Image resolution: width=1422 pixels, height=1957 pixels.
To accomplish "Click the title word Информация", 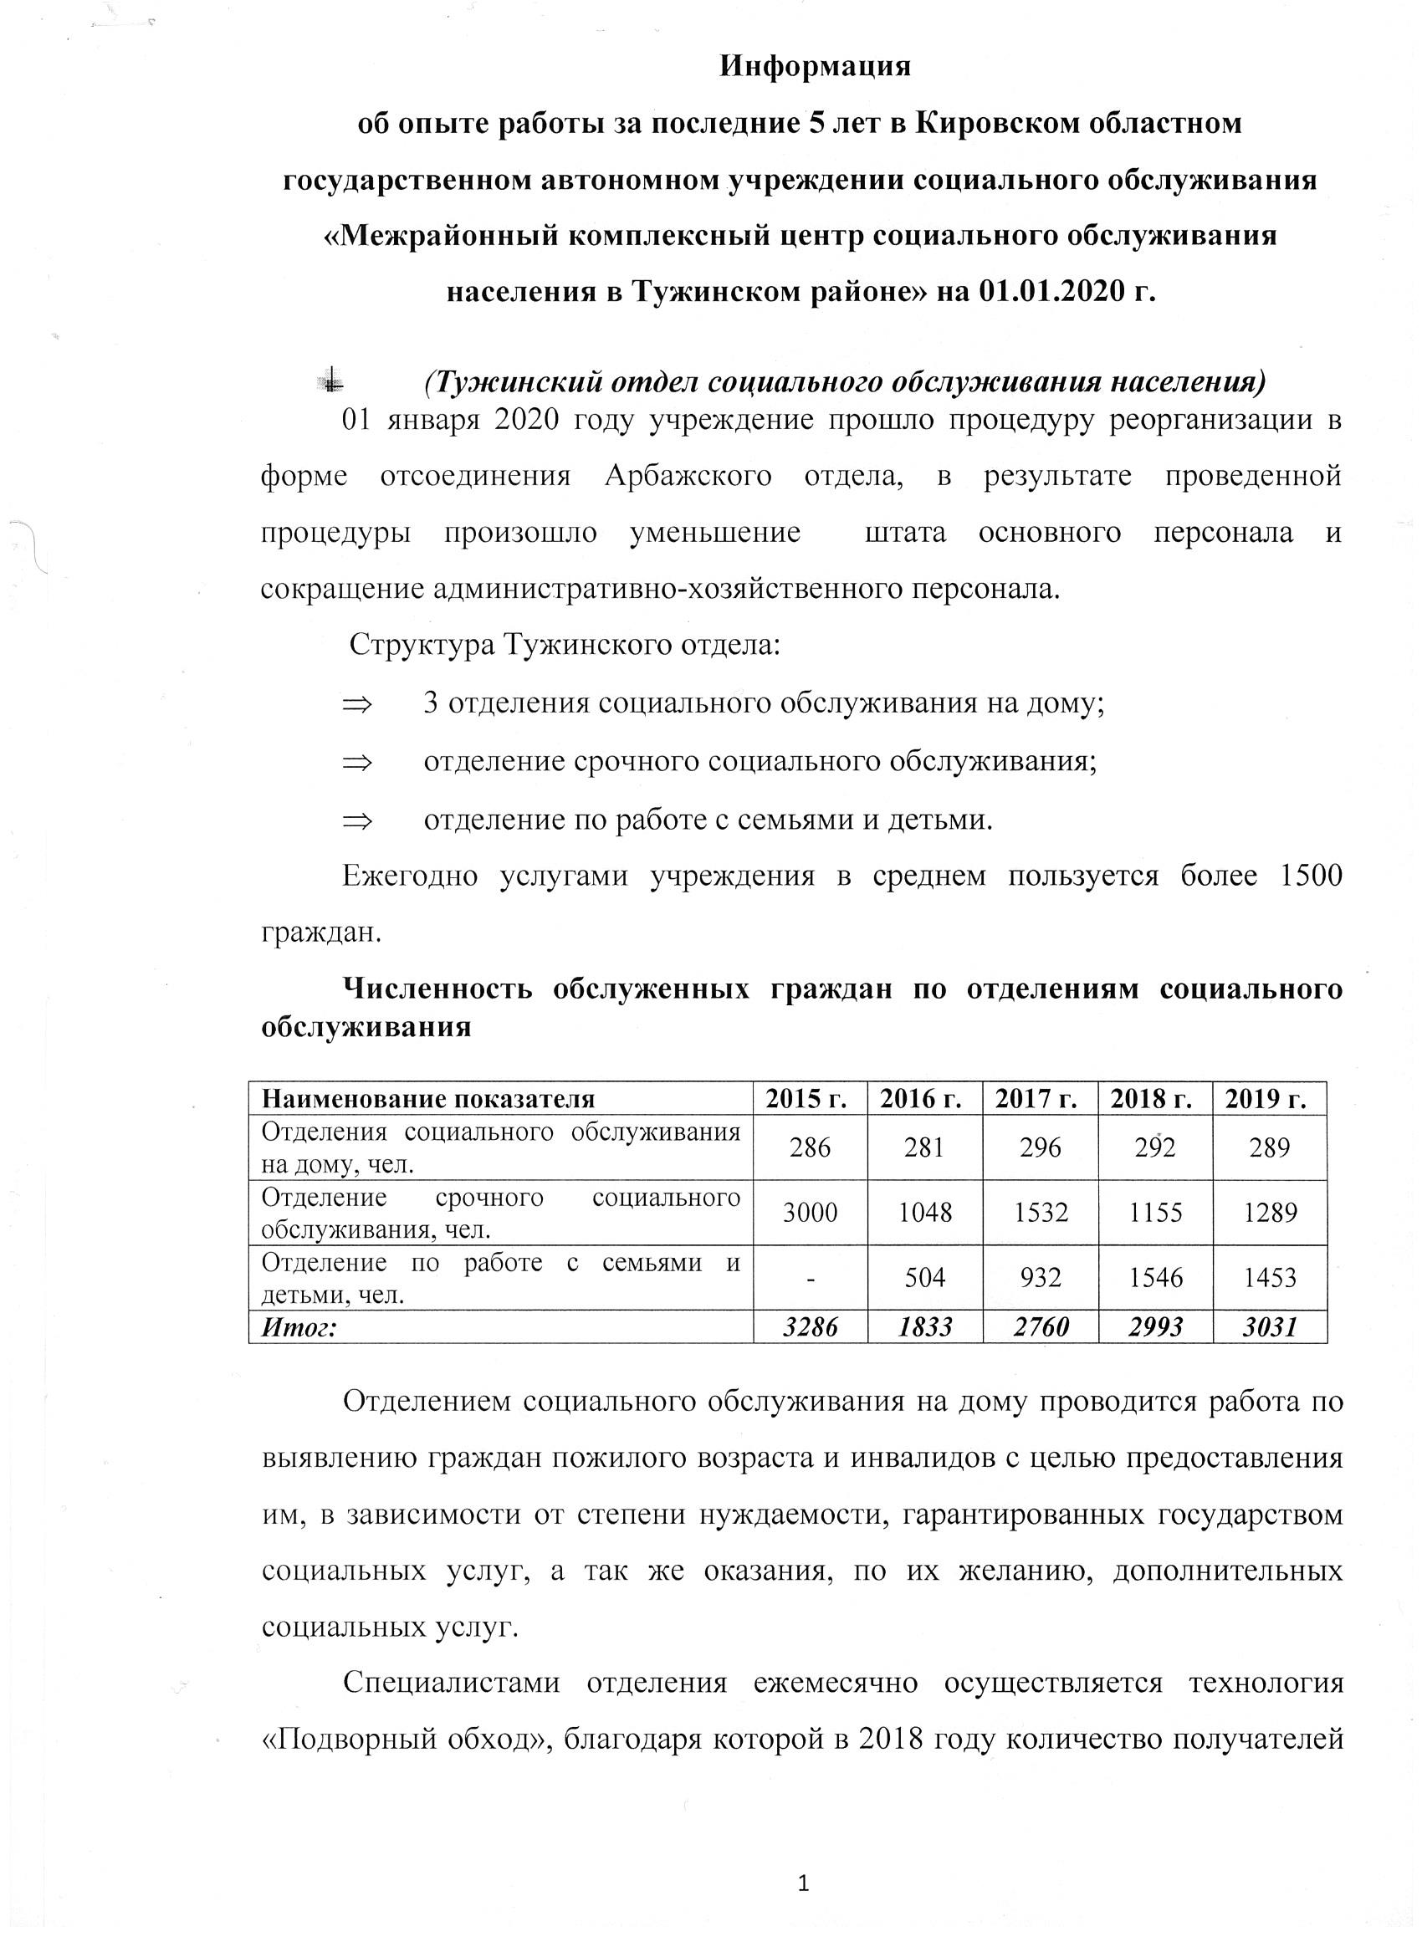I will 816,66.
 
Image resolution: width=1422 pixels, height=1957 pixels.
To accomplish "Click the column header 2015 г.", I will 811,1098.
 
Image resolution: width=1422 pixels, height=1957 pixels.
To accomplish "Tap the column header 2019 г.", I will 1269,1098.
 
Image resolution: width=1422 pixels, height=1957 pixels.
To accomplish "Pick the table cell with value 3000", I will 811,1213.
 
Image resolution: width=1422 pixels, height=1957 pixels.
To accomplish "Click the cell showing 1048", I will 925,1213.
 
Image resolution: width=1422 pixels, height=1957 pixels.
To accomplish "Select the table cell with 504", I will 925,1277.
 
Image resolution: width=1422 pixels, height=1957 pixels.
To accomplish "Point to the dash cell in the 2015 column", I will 811,1277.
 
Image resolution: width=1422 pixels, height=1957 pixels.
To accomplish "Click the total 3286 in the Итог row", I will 811,1326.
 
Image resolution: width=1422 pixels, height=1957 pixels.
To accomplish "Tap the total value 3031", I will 1269,1326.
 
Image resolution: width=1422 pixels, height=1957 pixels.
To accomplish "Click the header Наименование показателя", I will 428,1098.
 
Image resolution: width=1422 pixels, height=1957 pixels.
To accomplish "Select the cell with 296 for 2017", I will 1040,1147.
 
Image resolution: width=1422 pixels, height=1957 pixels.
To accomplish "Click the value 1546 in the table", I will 1155,1277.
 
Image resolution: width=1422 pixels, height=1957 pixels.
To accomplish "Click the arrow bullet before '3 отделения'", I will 356,704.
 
